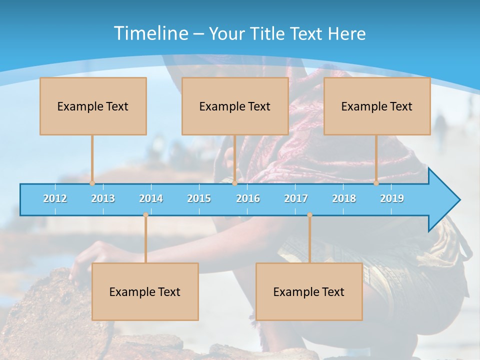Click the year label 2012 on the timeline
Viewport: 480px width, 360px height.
tap(55, 198)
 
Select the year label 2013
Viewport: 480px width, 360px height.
tap(103, 198)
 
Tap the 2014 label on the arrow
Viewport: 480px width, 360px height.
tap(151, 198)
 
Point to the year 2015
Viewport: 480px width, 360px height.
tap(199, 198)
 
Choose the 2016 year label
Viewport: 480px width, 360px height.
tap(248, 198)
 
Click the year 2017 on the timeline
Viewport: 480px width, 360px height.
tap(296, 198)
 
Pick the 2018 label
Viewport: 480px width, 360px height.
tap(344, 198)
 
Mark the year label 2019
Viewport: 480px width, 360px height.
tap(392, 198)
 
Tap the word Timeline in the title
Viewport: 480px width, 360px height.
tap(150, 33)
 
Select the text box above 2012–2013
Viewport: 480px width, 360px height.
tap(93, 106)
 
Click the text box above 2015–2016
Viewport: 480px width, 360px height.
tap(235, 106)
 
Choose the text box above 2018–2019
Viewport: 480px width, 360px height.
tap(377, 106)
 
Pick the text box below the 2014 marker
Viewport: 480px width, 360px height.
tap(145, 291)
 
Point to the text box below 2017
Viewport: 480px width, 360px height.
tap(309, 291)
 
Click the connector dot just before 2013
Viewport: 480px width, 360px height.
tap(92, 183)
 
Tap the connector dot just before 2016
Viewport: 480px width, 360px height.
tap(234, 183)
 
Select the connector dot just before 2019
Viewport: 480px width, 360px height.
tap(376, 183)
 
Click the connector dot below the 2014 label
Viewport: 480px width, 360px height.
tap(145, 215)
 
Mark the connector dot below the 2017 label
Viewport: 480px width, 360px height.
tap(309, 215)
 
